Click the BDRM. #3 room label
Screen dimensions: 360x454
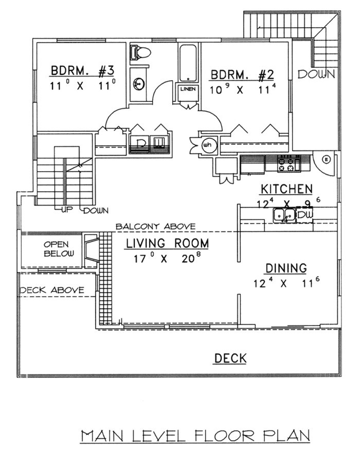click(83, 71)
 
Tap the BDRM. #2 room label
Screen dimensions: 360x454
click(242, 75)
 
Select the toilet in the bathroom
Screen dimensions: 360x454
click(141, 52)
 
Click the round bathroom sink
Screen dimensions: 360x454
click(139, 84)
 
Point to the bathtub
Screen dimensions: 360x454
click(188, 63)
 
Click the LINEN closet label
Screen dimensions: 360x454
click(188, 89)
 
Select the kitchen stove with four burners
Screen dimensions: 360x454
click(289, 164)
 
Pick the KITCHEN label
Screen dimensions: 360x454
click(287, 189)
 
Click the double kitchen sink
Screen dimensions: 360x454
click(284, 215)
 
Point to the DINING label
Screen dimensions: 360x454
click(286, 268)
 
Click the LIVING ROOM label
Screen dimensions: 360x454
click(167, 243)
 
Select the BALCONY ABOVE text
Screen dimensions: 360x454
click(156, 226)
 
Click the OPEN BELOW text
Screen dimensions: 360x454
click(59, 249)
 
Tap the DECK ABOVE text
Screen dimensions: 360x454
click(52, 290)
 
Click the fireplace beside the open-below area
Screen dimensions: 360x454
click(91, 249)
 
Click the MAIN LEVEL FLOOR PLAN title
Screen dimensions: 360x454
click(195, 436)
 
